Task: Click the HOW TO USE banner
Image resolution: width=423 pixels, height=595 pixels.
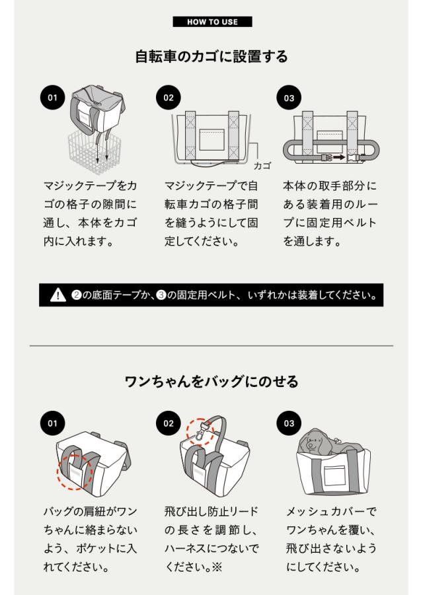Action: pyautogui.click(x=212, y=22)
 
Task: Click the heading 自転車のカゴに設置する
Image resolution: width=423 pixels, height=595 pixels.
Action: pyautogui.click(x=211, y=57)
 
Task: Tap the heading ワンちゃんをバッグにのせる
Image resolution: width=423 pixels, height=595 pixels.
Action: pyautogui.click(x=211, y=381)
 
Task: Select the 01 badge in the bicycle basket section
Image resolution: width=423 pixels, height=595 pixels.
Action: pyautogui.click(x=52, y=98)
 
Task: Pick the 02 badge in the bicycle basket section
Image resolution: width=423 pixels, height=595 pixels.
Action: pyautogui.click(x=169, y=98)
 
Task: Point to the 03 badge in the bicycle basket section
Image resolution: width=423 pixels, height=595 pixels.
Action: pyautogui.click(x=289, y=98)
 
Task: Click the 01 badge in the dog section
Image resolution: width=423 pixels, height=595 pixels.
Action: pyautogui.click(x=52, y=423)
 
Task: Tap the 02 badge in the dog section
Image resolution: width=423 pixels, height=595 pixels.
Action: pyautogui.click(x=169, y=423)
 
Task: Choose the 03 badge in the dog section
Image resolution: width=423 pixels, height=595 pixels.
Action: pyautogui.click(x=289, y=423)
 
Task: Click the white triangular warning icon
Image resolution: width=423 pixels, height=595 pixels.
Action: pyautogui.click(x=58, y=295)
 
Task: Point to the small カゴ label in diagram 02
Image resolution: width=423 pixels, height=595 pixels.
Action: pyautogui.click(x=262, y=166)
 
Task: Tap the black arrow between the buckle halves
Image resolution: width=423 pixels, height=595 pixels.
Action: pyautogui.click(x=339, y=157)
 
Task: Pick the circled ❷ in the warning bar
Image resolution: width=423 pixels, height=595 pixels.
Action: pyautogui.click(x=76, y=295)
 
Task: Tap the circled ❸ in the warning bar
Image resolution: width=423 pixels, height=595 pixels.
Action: pyautogui.click(x=161, y=295)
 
